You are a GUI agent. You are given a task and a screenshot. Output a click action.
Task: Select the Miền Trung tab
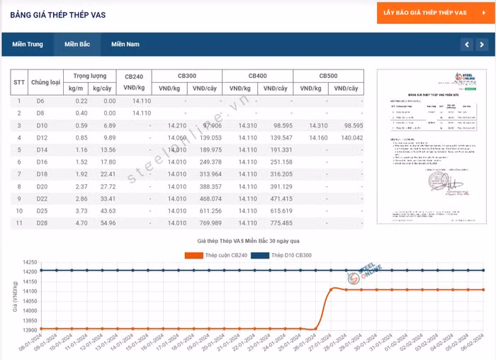[27, 45]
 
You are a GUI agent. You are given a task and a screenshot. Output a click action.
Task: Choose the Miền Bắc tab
[77, 45]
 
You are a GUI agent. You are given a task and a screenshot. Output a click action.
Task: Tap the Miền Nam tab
[125, 45]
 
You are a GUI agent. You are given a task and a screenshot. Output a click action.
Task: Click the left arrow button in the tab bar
[466, 45]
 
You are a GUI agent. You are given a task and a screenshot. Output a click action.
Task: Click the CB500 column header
[328, 76]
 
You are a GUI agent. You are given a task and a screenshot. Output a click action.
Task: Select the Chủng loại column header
[45, 82]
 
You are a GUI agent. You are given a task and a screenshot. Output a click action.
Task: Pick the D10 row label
[41, 125]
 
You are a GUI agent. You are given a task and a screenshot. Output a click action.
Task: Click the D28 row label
[41, 223]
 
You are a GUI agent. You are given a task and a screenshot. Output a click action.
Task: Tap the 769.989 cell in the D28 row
[211, 223]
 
